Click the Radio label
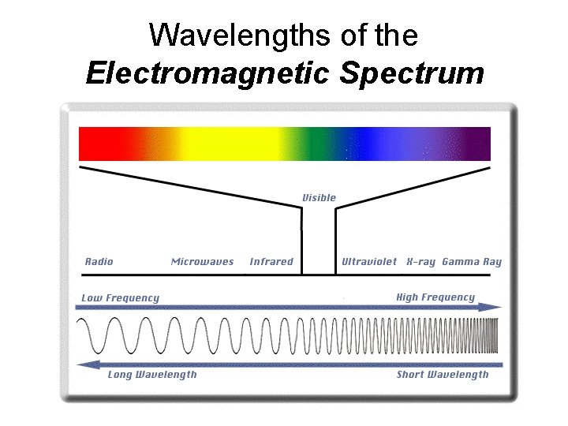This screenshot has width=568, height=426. click(99, 262)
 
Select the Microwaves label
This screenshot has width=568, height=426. click(202, 262)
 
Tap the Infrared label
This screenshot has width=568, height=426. click(271, 262)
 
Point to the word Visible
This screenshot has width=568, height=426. click(319, 198)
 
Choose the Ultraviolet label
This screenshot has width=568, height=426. click(369, 262)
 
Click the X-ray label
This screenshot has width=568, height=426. click(420, 262)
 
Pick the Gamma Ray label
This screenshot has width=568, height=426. click(472, 262)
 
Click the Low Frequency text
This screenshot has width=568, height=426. click(121, 298)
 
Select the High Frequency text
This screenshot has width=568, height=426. click(435, 297)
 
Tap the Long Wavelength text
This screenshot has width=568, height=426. click(152, 375)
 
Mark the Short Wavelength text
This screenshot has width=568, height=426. click(443, 375)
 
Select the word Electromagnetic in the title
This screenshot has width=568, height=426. click(209, 73)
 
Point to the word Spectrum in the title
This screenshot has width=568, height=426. click(412, 73)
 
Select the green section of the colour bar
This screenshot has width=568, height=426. click(319, 144)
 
